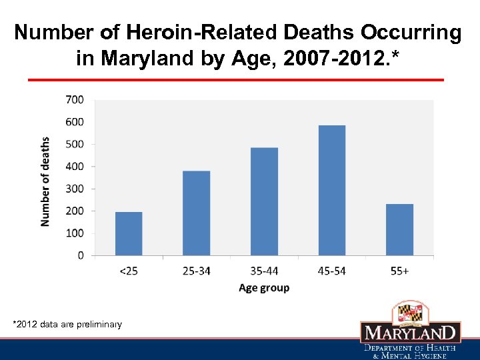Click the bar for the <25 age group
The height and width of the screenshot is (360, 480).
[x=129, y=233]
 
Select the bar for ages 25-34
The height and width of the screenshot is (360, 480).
[x=196, y=213]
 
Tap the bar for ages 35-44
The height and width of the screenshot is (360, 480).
[x=264, y=201]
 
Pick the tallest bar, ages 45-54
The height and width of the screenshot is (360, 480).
[x=332, y=190]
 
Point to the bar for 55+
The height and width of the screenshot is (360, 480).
[x=400, y=229]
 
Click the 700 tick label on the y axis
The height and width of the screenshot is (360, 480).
[x=75, y=99]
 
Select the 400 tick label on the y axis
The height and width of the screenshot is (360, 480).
[x=75, y=166]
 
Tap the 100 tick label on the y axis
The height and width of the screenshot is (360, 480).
[x=75, y=233]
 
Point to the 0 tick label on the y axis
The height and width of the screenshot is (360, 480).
[x=81, y=255]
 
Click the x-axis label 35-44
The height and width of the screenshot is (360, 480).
[x=264, y=271]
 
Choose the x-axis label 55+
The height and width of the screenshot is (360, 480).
[x=400, y=271]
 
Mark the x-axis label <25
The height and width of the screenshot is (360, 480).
[x=129, y=271]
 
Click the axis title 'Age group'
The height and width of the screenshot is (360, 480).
[x=264, y=288]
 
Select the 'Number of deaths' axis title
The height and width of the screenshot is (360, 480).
[x=45, y=181]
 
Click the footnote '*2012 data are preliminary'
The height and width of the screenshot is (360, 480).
[x=67, y=325]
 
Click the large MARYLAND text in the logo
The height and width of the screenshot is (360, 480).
[x=411, y=333]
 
